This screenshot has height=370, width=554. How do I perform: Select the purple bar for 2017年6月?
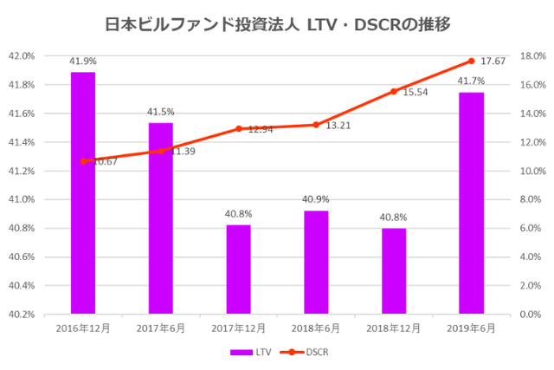click(160, 217)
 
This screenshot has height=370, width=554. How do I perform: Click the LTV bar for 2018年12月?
click(393, 270)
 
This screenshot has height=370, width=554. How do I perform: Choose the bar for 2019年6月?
click(471, 203)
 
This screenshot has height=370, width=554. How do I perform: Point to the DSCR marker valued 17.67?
click(471, 61)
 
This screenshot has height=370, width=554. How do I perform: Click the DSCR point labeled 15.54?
click(393, 91)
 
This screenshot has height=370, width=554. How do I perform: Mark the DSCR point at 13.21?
click(316, 125)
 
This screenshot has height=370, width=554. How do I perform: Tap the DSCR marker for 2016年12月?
click(83, 161)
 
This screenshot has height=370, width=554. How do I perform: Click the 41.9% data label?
click(83, 62)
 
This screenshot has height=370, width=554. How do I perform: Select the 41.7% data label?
click(471, 81)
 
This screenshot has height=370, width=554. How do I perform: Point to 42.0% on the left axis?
click(21, 56)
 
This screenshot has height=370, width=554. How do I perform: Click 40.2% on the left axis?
click(21, 314)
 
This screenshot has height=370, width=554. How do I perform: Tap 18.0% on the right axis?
click(530, 56)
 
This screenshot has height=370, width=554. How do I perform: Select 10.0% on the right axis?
click(530, 171)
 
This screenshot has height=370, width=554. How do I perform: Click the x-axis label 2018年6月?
click(316, 328)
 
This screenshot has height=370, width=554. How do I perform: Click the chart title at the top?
click(277, 23)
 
